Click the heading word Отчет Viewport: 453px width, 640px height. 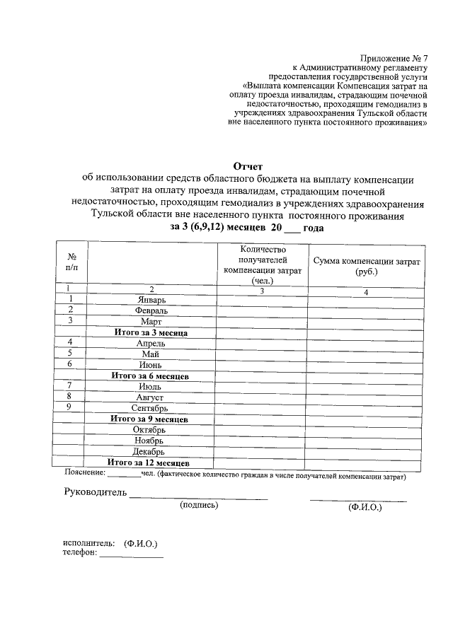(x=248, y=166)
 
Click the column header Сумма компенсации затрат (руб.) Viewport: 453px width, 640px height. (x=367, y=266)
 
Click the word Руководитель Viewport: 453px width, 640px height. (x=96, y=492)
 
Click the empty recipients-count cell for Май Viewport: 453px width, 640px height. (x=263, y=354)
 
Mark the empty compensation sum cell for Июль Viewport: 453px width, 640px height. (x=367, y=386)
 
